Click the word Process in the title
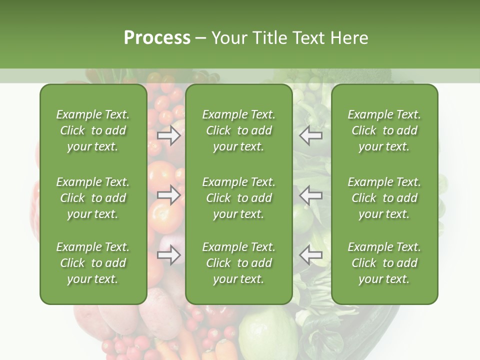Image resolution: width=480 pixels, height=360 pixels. [157, 38]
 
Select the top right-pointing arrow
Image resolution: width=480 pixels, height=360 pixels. [168, 135]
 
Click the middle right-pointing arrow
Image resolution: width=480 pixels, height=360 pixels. [168, 194]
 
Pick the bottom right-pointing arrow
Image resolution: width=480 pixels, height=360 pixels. [168, 255]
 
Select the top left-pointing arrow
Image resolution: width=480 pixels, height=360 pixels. [310, 135]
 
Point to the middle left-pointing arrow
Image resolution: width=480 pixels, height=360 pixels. [310, 194]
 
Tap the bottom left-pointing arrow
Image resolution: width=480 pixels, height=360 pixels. [310, 255]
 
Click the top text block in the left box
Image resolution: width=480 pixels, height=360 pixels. [93, 130]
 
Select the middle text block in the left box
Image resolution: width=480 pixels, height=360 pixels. [93, 198]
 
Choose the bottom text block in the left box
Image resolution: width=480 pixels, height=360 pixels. [93, 263]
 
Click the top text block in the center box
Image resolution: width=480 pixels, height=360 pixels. [239, 130]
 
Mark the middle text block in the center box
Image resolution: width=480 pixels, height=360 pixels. [239, 198]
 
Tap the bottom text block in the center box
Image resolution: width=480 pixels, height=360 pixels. [239, 263]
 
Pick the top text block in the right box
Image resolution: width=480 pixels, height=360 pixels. [384, 130]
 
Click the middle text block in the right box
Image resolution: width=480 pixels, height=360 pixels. [384, 198]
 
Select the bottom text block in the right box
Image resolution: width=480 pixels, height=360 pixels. [384, 263]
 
